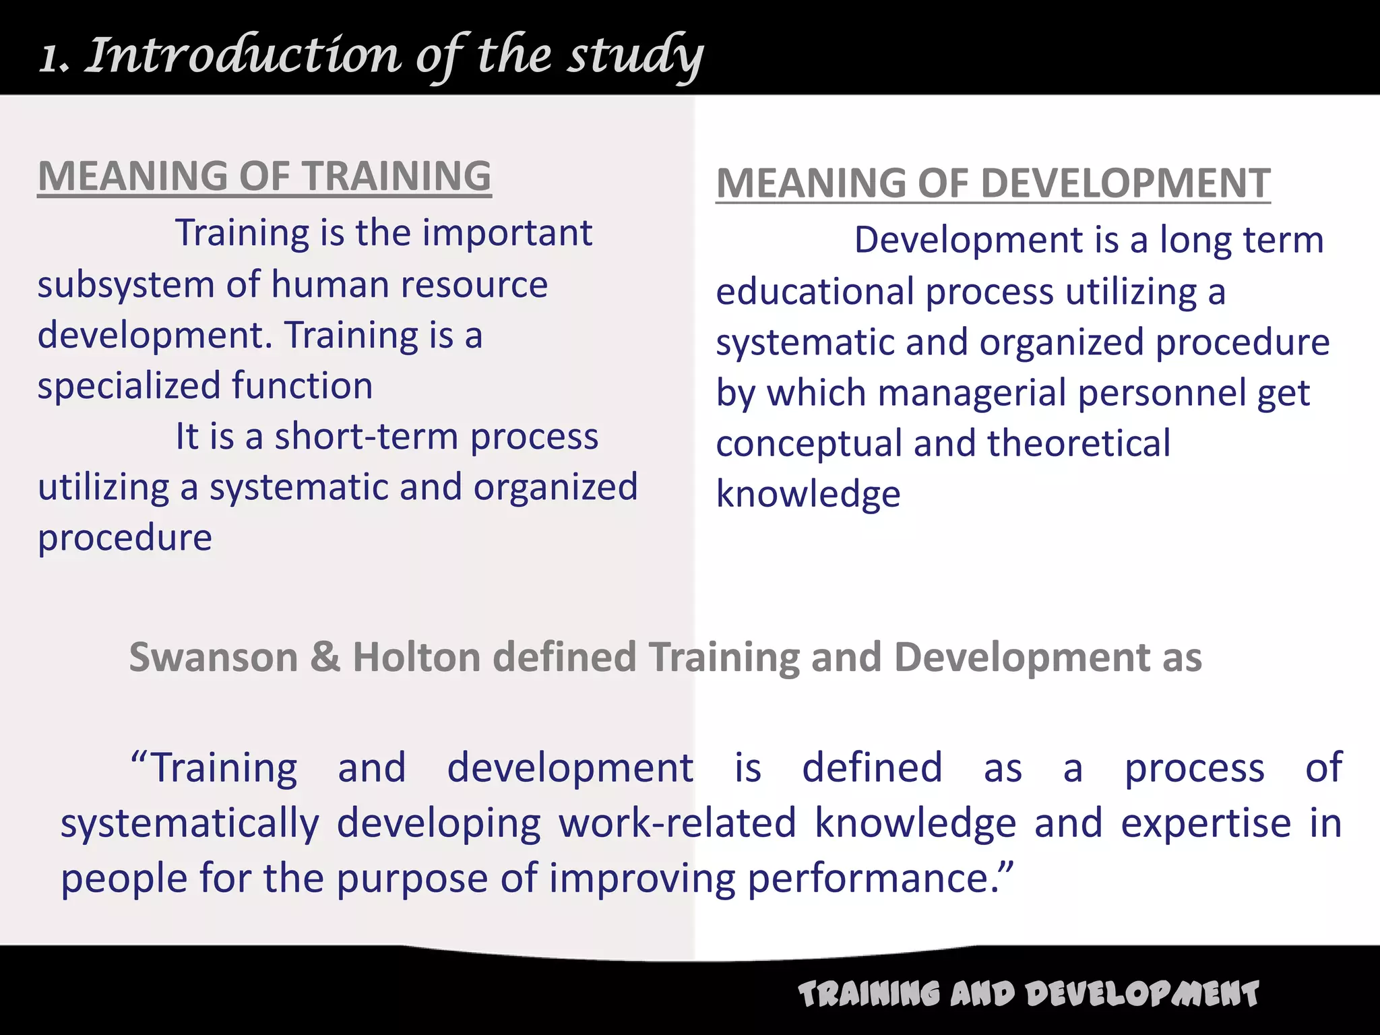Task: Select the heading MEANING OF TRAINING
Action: click(x=264, y=177)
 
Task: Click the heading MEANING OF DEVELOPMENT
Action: click(x=993, y=183)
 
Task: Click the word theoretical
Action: click(x=1079, y=443)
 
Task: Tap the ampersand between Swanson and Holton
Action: click(x=325, y=658)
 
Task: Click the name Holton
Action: click(x=416, y=658)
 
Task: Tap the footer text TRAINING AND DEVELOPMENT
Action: click(x=1028, y=995)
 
